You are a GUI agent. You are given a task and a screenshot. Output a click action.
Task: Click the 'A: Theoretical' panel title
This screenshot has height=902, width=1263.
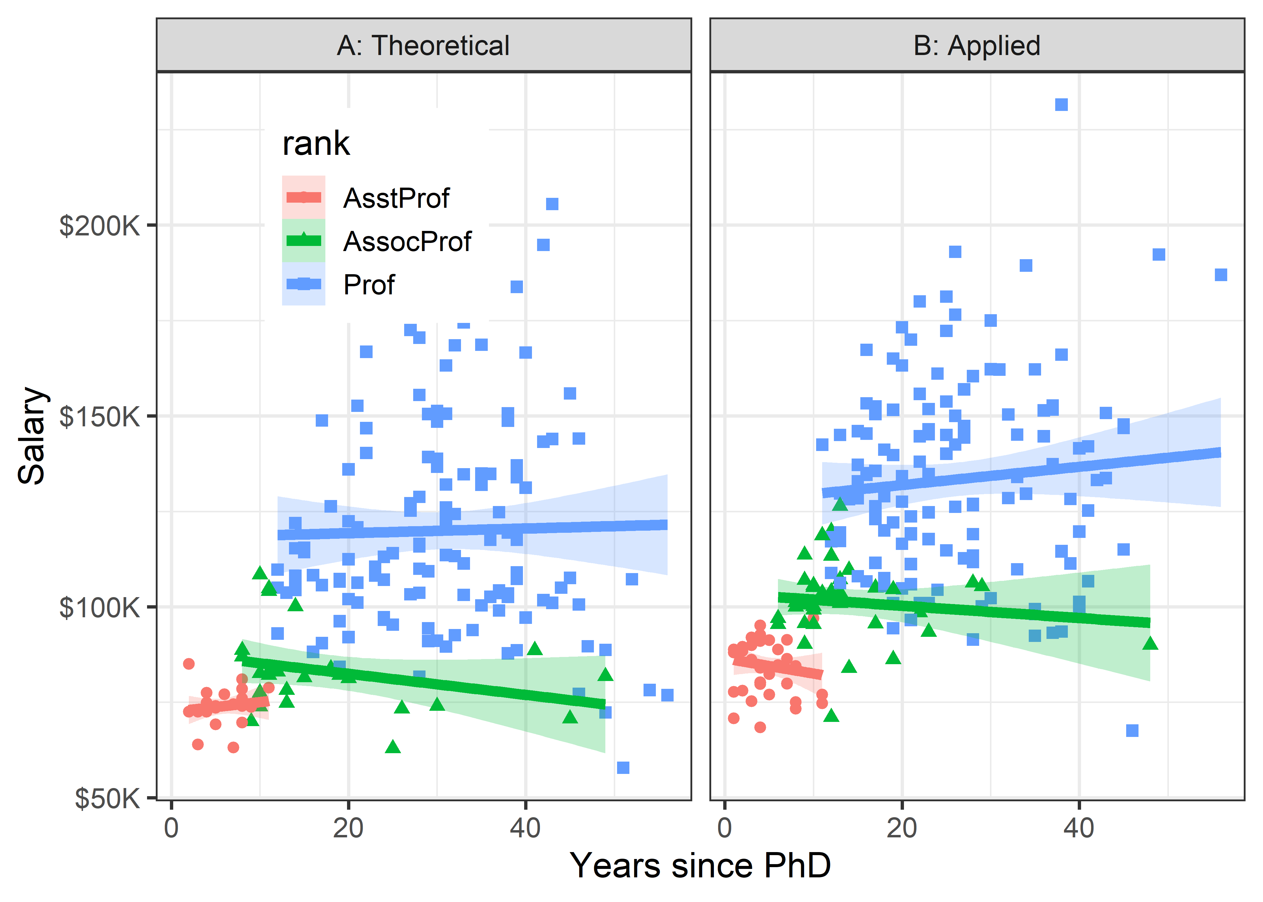(423, 45)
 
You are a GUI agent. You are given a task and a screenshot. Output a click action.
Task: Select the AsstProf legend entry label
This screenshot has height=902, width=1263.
(396, 198)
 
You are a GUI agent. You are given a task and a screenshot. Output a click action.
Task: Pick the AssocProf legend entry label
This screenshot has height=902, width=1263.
(407, 242)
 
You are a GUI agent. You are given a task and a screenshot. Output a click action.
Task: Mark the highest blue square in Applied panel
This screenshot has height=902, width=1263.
(1062, 104)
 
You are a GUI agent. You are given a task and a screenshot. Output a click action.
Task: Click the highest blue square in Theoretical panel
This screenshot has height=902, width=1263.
(552, 204)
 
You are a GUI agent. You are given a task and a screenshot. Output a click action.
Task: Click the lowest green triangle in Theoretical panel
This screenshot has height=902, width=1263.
(393, 747)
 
